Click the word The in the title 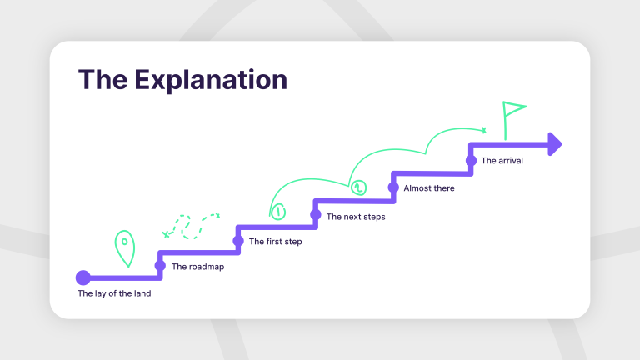(x=102, y=80)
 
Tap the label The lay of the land (x=114, y=293)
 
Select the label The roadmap (x=197, y=267)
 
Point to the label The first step (x=275, y=242)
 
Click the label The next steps (x=356, y=217)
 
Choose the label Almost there (x=429, y=188)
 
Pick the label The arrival (x=502, y=161)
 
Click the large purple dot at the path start (x=82, y=277)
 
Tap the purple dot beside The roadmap (x=160, y=266)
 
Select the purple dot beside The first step (x=237, y=241)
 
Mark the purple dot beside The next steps (x=316, y=214)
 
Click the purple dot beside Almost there (x=393, y=187)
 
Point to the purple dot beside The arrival (x=471, y=160)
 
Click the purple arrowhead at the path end (x=554, y=143)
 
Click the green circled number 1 (x=278, y=212)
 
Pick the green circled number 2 (x=358, y=187)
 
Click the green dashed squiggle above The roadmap (x=192, y=225)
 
